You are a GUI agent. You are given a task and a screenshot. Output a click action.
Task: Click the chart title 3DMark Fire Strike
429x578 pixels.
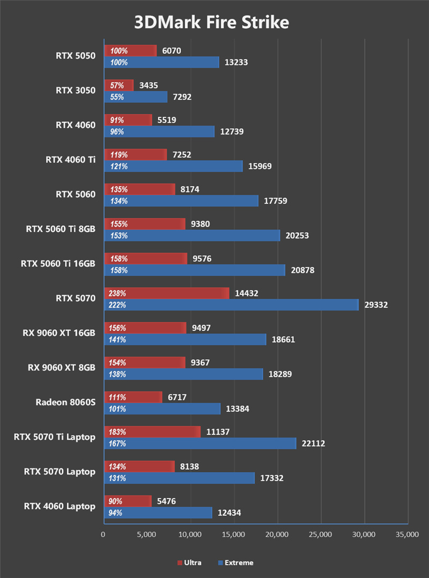[x=211, y=23]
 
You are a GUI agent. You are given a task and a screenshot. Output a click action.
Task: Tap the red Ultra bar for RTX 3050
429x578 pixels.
[x=119, y=85]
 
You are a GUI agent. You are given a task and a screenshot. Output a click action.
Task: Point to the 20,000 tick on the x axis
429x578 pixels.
[x=277, y=534]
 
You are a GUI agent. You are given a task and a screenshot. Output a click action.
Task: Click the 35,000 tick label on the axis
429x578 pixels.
[x=408, y=534]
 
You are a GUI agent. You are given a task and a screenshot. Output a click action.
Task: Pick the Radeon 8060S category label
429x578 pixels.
[x=65, y=402]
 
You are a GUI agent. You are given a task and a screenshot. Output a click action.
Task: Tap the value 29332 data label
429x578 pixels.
[x=374, y=305]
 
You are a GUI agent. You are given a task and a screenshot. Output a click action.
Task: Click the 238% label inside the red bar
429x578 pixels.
[x=119, y=293]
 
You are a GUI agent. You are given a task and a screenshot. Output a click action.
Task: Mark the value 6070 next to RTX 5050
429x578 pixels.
[x=172, y=51]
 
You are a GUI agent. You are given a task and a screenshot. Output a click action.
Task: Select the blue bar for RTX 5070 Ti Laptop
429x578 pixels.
[x=199, y=443]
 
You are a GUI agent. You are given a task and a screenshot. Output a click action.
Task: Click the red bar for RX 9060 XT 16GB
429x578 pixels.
[x=145, y=328]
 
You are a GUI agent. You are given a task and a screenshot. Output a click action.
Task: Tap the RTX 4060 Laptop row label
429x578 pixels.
[x=60, y=506]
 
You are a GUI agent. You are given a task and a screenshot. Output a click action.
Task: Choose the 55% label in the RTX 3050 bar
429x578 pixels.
[x=117, y=97]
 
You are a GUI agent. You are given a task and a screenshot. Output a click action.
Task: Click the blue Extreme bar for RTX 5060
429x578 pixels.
[x=181, y=201]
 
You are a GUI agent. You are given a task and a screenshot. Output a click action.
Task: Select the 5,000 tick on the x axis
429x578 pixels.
[x=146, y=534]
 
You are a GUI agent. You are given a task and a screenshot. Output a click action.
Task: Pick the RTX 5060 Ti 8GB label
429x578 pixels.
[x=61, y=229]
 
